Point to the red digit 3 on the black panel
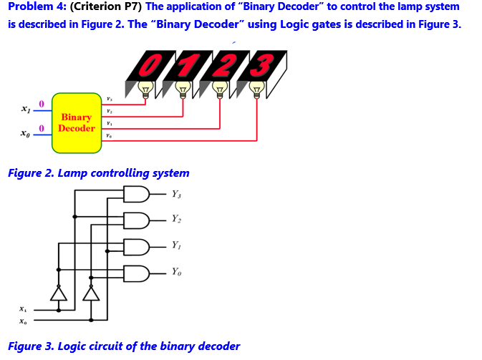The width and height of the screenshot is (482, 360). click(263, 65)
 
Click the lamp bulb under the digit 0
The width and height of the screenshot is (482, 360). click(146, 89)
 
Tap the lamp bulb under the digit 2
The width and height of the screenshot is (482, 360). click(220, 89)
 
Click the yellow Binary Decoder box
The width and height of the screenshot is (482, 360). click(76, 123)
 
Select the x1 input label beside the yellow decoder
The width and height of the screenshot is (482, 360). click(26, 110)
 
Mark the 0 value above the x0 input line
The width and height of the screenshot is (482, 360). click(42, 128)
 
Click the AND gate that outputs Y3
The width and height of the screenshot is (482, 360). click(137, 194)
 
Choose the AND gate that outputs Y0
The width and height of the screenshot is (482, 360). click(137, 273)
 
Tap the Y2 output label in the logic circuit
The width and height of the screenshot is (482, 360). click(176, 219)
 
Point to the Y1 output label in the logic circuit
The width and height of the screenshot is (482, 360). click(176, 245)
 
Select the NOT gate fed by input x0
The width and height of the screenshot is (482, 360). click(91, 292)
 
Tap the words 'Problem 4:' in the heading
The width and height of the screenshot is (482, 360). click(37, 7)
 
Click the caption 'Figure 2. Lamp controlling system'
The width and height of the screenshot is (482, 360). click(99, 173)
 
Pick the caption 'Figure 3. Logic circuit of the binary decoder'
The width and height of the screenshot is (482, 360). click(124, 346)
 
